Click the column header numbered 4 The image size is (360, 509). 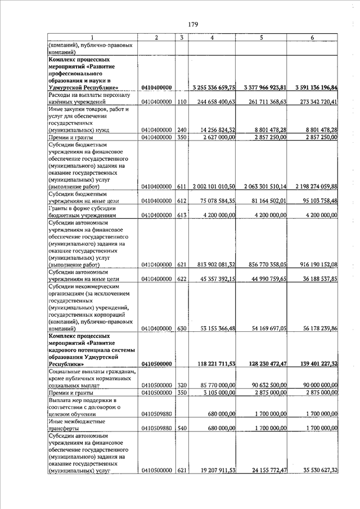point(211,37)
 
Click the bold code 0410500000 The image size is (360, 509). point(156,364)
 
